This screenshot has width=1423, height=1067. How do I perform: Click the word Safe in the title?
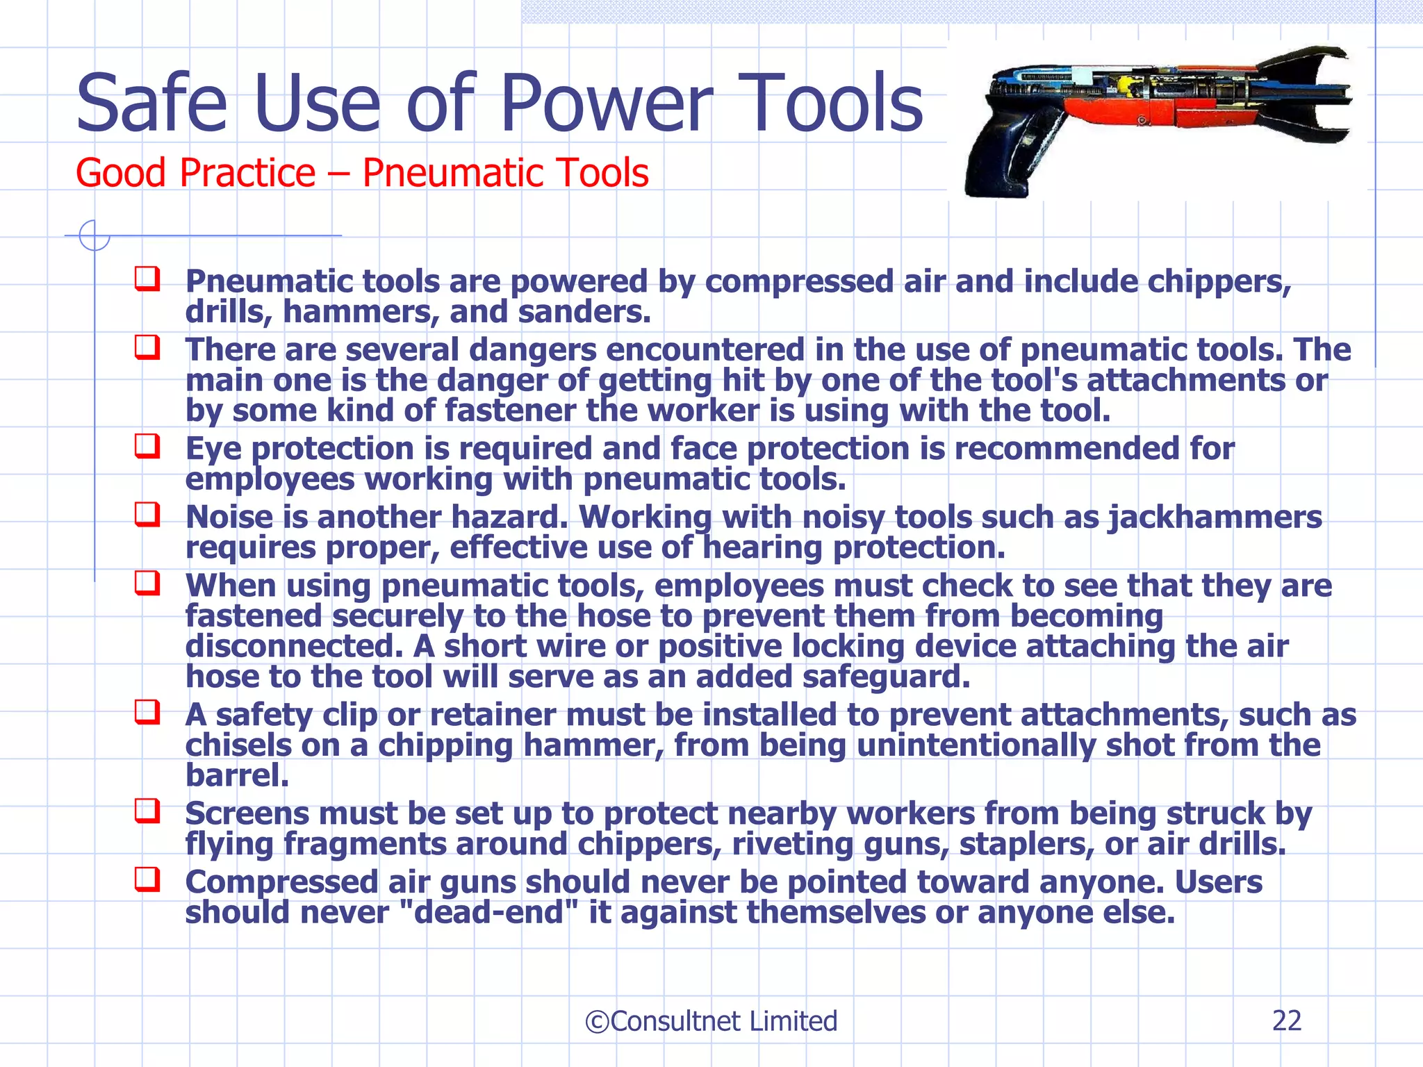click(151, 104)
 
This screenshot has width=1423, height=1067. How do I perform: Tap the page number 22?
click(1286, 1020)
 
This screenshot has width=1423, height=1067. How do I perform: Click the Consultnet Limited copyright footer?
click(711, 1021)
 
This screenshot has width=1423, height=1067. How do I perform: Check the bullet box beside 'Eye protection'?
click(147, 446)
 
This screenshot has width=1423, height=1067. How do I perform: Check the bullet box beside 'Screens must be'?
click(147, 811)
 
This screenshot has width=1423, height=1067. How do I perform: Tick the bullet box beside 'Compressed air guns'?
click(147, 879)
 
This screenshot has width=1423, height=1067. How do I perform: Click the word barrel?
click(236, 775)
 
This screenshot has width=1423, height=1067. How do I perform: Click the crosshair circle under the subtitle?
click(94, 235)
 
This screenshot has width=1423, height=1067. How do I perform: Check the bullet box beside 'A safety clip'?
click(147, 712)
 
